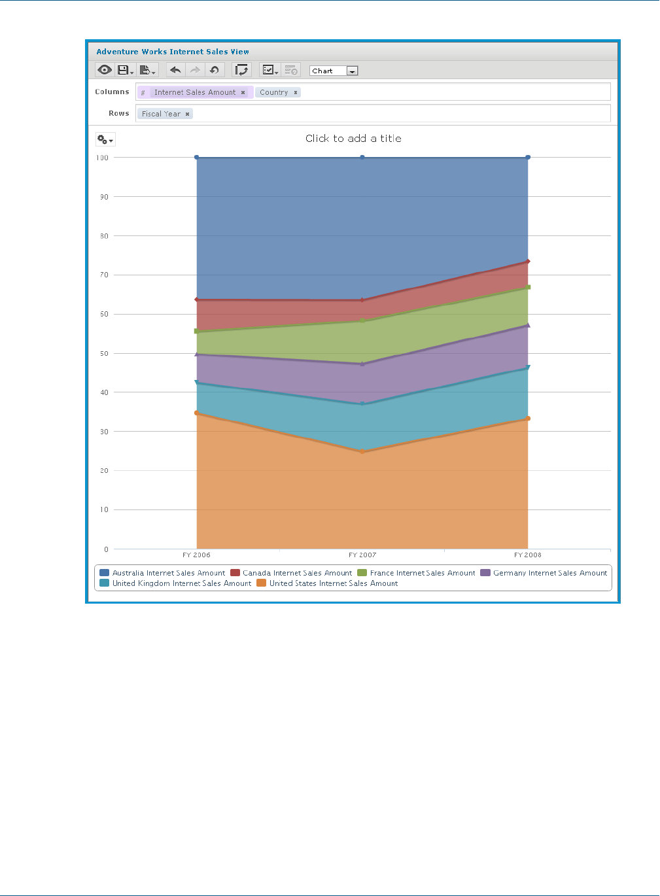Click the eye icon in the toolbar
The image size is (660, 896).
[x=105, y=70]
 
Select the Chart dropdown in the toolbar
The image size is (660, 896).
[x=334, y=71]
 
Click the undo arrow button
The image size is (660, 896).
[x=175, y=70]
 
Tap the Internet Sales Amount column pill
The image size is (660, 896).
[x=194, y=92]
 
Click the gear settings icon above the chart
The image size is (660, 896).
[x=105, y=139]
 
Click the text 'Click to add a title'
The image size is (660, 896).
[x=353, y=138]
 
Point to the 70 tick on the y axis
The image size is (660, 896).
[x=104, y=275]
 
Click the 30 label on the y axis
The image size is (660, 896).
[x=104, y=432]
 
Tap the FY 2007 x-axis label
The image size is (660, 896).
[x=362, y=555]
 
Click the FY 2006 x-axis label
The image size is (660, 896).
[x=196, y=555]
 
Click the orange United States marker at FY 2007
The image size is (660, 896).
[x=362, y=451]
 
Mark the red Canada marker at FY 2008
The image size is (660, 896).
[x=528, y=262]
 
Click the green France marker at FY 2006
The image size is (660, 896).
[x=197, y=331]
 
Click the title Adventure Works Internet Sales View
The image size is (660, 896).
[x=173, y=52]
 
